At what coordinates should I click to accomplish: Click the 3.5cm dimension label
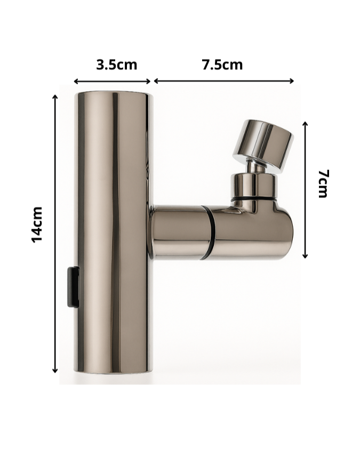coord(116,65)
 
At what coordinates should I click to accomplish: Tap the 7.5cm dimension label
coord(222,65)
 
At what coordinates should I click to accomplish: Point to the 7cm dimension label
coord(323,183)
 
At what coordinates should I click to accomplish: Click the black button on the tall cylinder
coord(74,287)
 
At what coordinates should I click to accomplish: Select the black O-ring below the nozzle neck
coord(255,199)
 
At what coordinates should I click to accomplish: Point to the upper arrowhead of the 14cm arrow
coord(55,97)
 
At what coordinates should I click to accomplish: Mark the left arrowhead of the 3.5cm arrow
coord(76,82)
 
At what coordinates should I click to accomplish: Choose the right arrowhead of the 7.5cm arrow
coord(292,81)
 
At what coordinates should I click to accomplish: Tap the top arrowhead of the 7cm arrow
coord(305,123)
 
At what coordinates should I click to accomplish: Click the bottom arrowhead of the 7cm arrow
coord(305,256)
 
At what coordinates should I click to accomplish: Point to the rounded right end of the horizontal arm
coord(288,232)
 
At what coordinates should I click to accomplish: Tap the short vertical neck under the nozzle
coord(254,184)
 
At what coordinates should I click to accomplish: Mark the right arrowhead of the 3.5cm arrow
coord(150,82)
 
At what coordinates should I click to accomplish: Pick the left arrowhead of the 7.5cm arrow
coord(156,81)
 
